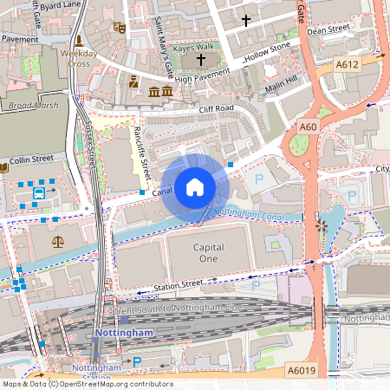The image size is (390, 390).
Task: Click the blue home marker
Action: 195,186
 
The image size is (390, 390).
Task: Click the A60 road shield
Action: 308,127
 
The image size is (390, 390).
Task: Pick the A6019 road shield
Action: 301,370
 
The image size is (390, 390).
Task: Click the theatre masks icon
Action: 120,28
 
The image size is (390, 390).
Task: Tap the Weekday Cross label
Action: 79,58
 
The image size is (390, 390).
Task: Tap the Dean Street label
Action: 329,29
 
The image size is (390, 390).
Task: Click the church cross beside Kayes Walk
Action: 202,60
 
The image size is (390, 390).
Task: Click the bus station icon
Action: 40,194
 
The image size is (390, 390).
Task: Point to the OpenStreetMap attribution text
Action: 86,384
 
